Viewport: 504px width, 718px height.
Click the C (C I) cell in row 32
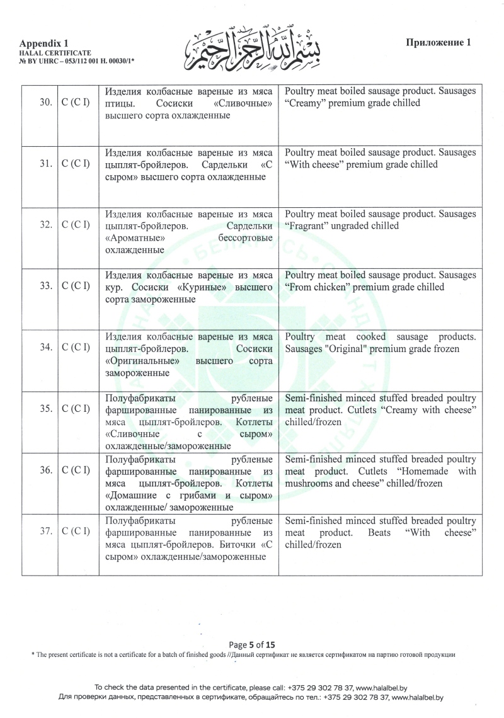pos(78,225)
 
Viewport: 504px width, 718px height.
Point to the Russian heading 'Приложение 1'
pos(438,43)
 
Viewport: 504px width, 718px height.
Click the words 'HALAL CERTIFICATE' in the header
pos(55,52)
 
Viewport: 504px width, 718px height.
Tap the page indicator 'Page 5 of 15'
pos(252,644)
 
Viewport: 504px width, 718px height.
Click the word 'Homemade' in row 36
pos(423,471)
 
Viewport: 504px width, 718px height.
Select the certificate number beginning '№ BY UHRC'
pos(77,60)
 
